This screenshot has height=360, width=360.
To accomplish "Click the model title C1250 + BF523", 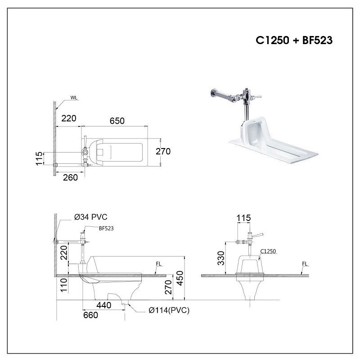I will [294, 40].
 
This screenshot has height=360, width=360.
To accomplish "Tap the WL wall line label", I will [74, 98].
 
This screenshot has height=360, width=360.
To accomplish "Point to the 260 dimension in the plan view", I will [70, 177].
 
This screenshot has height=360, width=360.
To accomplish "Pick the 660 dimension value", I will [90, 315].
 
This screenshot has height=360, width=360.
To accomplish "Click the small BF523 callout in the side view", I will [106, 228].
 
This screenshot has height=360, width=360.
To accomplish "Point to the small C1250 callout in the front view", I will [268, 252].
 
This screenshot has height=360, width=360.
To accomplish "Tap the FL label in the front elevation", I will [305, 265].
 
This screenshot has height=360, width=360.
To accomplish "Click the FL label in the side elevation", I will [158, 265].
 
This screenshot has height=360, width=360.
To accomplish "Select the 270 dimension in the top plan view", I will [163, 152].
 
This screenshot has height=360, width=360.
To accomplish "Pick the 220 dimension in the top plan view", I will [68, 118].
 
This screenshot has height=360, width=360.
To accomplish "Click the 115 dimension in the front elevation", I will [243, 218].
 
